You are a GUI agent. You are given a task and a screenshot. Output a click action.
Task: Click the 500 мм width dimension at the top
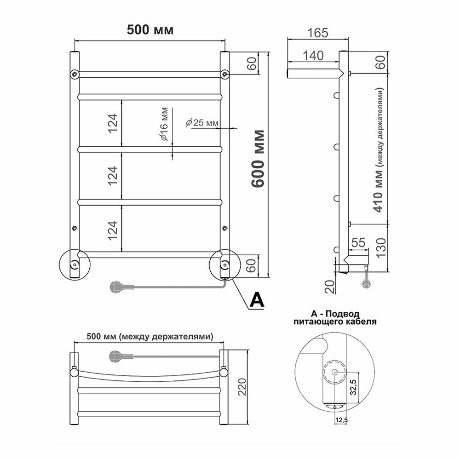pos(150,29)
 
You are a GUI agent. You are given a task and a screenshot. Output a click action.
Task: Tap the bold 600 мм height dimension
pos(259,159)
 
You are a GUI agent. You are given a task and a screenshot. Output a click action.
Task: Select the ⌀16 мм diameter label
pos(164,124)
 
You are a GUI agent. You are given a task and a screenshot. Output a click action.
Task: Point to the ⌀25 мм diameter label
pos(202,123)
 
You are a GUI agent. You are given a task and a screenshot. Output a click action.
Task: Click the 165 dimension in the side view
pos(318,33)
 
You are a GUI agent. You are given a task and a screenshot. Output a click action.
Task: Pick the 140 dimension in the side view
pos(313,56)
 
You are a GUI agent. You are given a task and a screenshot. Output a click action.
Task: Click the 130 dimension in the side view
pos(381,247)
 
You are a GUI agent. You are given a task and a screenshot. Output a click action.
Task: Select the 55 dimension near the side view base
pos(358,242)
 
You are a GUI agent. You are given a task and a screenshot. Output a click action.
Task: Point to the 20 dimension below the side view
pos(330,287)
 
